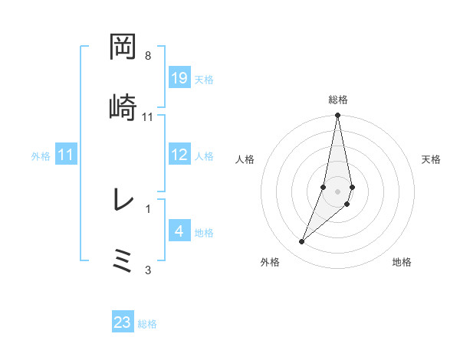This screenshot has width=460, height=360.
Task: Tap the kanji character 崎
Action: [123, 107]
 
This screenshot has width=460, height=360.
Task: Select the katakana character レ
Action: [123, 201]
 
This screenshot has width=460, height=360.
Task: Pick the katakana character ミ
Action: [123, 260]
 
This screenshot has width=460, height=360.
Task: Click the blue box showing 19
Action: [179, 78]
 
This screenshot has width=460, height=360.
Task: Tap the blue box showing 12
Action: [179, 155]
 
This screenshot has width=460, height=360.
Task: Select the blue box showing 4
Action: [179, 231]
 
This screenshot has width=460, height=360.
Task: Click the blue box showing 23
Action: [123, 322]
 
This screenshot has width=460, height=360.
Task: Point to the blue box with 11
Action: [66, 155]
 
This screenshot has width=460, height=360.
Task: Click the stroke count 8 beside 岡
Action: [148, 56]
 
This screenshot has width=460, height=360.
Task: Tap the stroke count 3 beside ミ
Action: [148, 269]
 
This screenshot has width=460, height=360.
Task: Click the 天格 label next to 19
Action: [204, 79]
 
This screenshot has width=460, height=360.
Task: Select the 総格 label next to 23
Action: [147, 323]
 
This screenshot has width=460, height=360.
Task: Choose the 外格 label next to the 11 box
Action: [41, 155]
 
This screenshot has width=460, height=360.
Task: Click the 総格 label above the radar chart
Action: [337, 100]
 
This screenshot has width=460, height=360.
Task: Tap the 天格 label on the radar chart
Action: [432, 159]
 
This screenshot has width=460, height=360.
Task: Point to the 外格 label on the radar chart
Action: [269, 262]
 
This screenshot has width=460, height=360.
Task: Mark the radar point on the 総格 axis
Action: [337, 116]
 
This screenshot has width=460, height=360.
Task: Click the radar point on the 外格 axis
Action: [301, 242]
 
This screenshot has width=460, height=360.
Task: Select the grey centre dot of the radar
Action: [337, 191]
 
